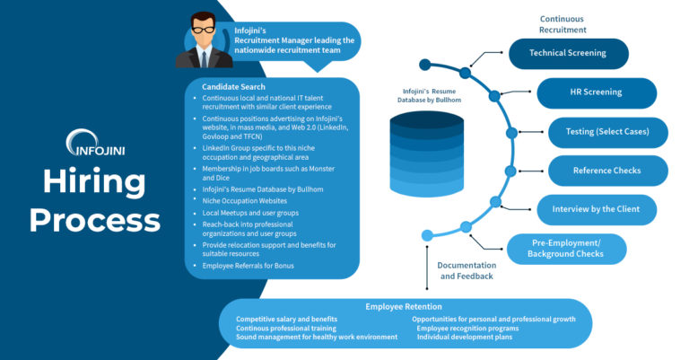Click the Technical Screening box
click(x=568, y=53)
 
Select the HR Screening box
click(x=597, y=92)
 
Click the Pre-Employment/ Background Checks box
click(x=579, y=249)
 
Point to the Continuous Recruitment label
click(x=563, y=23)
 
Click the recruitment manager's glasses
click(x=205, y=29)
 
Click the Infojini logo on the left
click(x=90, y=142)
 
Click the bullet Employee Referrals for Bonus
click(x=248, y=266)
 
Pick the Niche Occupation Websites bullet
click(x=246, y=201)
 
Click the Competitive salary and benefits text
click(x=286, y=319)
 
